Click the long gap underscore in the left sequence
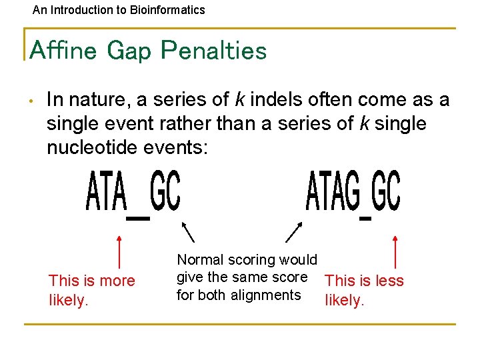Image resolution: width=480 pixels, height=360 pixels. (138, 217)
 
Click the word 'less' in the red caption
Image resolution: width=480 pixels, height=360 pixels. (390, 281)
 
